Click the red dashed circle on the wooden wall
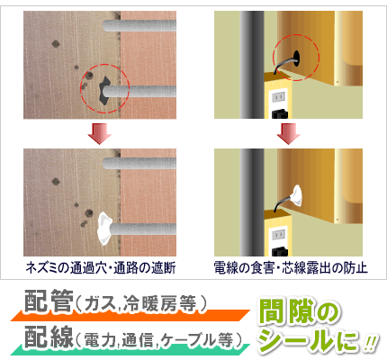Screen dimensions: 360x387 (x=104, y=88)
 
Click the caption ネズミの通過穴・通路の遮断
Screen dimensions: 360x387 (x=102, y=267)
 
